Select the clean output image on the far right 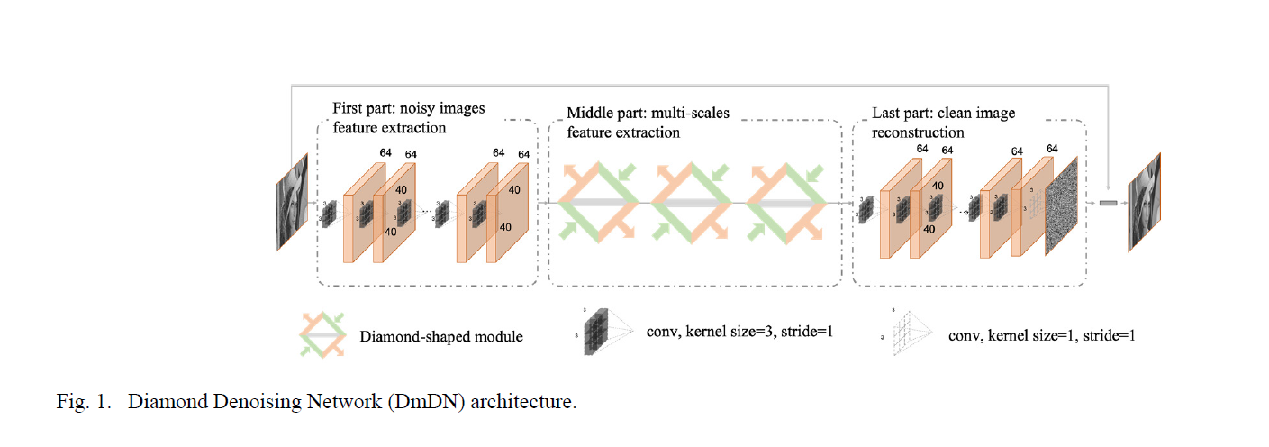(1144, 203)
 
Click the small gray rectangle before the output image (1108, 203)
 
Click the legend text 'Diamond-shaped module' (441, 337)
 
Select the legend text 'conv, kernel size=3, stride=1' (739, 332)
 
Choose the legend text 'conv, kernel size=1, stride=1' (1041, 334)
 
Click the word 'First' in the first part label (349, 109)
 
